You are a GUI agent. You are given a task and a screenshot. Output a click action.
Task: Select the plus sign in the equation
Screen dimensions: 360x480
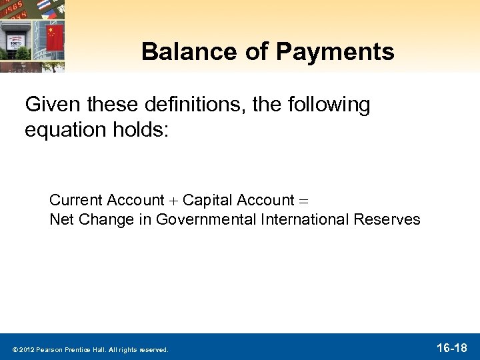pos(173,201)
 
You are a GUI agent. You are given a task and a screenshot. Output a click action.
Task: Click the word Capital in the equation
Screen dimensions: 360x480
pos(205,200)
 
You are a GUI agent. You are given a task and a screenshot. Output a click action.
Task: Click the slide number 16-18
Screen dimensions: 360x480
pos(451,347)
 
